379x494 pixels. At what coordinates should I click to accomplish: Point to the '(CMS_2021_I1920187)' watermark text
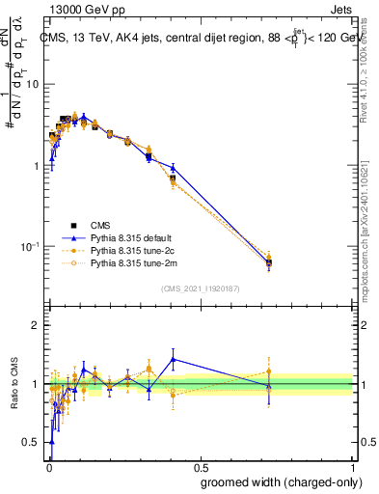[x=200, y=288]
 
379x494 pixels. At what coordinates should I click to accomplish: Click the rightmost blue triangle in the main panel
[x=269, y=262]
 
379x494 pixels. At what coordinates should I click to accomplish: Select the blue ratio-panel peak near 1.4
[x=173, y=359]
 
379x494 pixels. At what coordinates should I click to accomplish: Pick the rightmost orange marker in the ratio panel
[x=269, y=371]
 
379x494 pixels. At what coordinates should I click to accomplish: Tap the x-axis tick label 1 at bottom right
[x=353, y=466]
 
